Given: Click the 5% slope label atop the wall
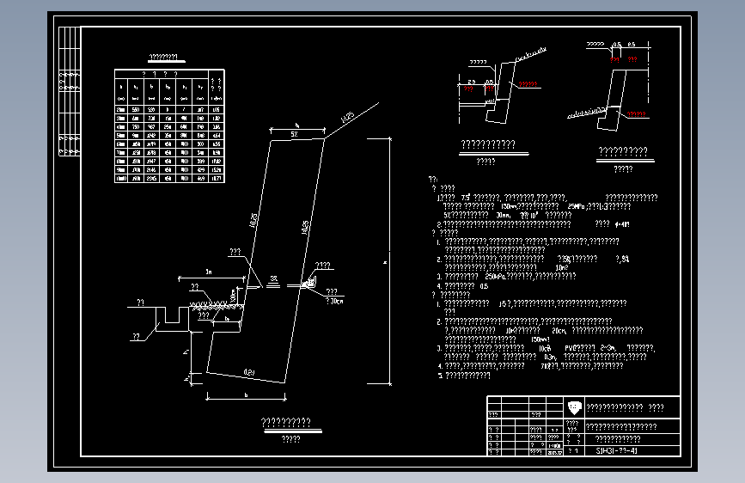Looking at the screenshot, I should tap(294, 136).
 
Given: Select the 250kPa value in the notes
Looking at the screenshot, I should tap(495, 276).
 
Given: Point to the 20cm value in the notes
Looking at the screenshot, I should tap(559, 330).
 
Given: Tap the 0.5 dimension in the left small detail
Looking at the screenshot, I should tap(489, 83).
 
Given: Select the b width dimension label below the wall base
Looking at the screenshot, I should tap(247, 395).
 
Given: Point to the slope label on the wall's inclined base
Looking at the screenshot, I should tap(248, 371).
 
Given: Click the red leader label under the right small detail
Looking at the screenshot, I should tap(637, 113).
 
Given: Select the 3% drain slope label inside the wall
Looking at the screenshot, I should tap(273, 278).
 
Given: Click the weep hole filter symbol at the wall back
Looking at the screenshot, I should tap(311, 281).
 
